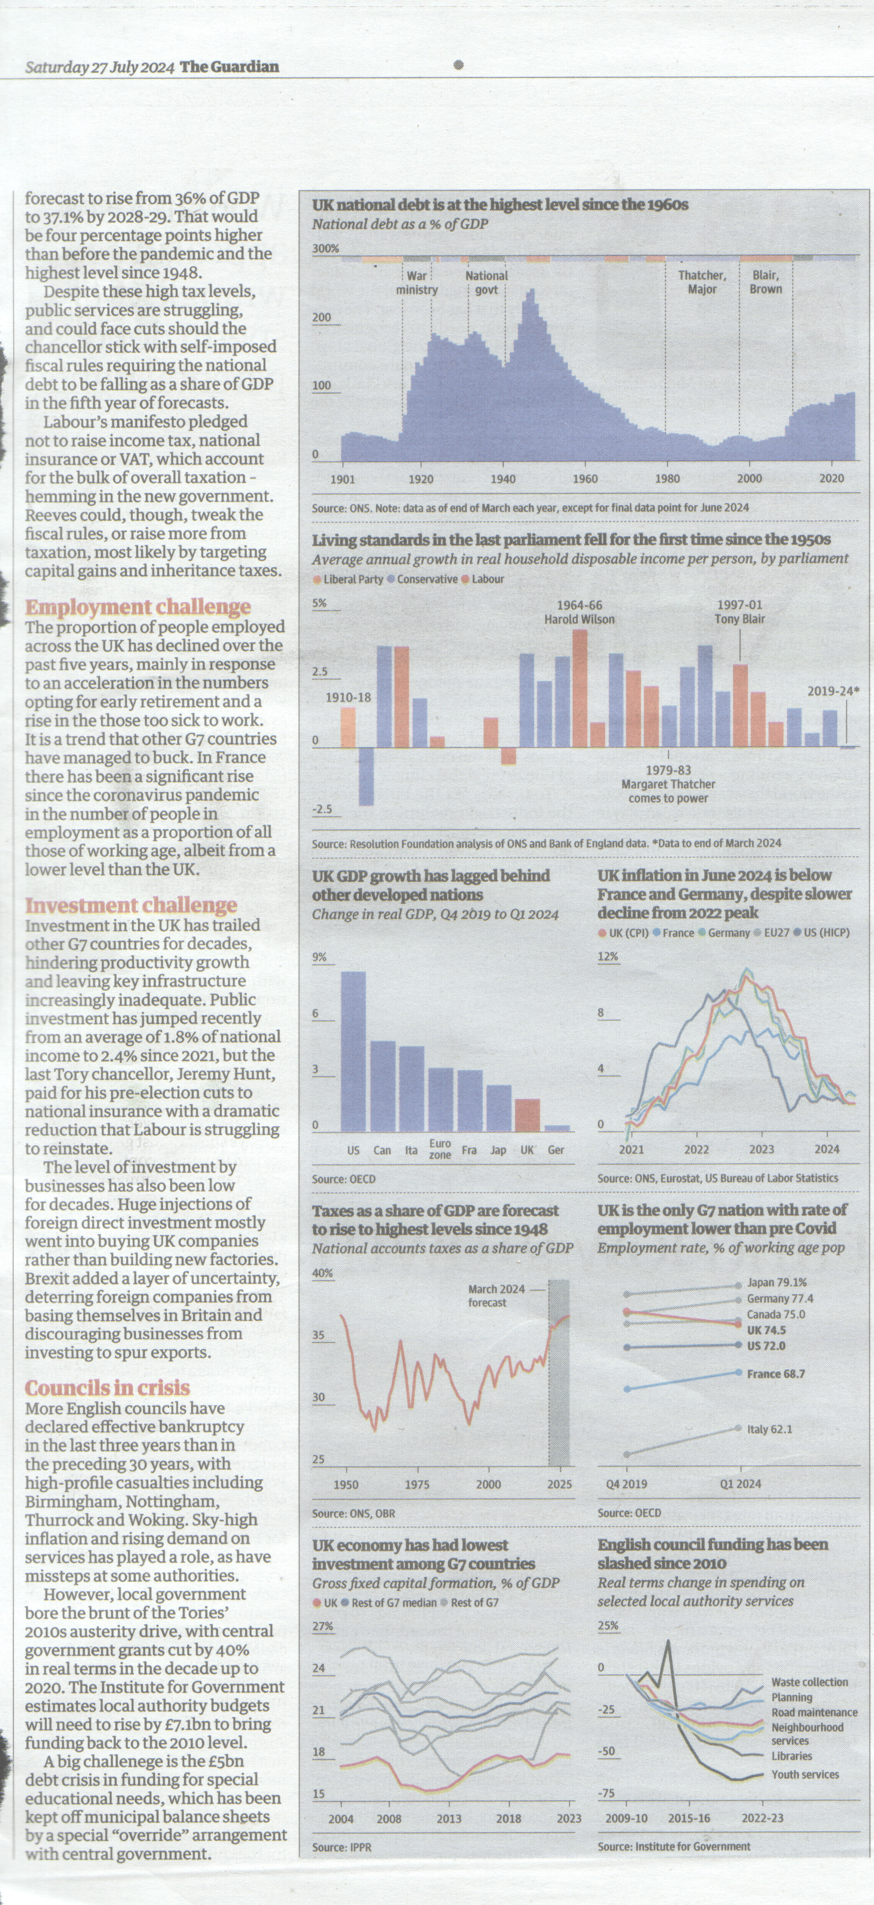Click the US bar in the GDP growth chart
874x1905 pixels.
tap(354, 1051)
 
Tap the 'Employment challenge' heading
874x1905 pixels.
tap(138, 606)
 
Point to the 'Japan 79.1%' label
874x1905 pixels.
tap(777, 1283)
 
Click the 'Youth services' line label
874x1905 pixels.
tap(805, 1774)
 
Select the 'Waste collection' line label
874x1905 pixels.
tap(810, 1682)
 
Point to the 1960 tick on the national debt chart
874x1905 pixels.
tap(585, 478)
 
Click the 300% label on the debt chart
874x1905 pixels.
tap(325, 248)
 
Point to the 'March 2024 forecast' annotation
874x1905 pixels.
tap(496, 1296)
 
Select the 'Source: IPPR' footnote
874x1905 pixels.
tap(342, 1847)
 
